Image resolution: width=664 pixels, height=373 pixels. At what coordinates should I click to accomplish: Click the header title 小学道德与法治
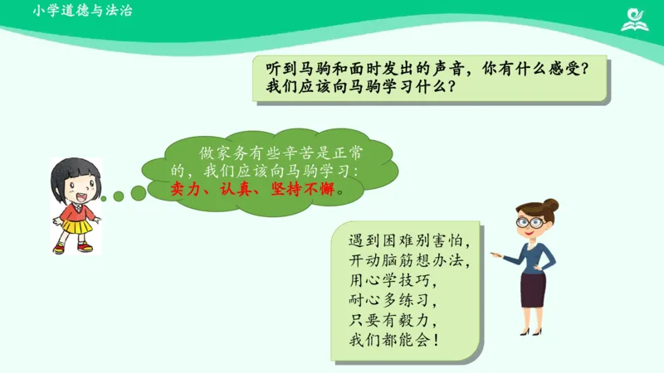(83, 12)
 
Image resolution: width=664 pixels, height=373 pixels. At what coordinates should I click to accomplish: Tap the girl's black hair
(76, 169)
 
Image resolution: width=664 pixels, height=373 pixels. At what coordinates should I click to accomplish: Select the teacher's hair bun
(549, 205)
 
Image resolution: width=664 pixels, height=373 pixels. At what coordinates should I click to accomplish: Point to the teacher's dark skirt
(533, 289)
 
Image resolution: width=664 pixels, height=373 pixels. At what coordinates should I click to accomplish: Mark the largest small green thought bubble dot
(138, 193)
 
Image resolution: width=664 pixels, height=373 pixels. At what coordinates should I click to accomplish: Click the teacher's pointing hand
(496, 254)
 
